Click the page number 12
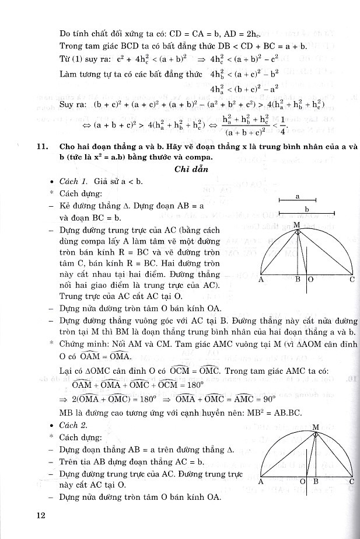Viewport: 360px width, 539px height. [39, 514]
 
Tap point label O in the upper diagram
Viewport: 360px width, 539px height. [310, 280]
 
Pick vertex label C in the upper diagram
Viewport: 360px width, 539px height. [352, 280]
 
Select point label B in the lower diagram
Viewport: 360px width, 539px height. [314, 482]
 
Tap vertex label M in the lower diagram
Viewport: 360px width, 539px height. [315, 427]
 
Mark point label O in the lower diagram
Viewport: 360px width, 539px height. [303, 482]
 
